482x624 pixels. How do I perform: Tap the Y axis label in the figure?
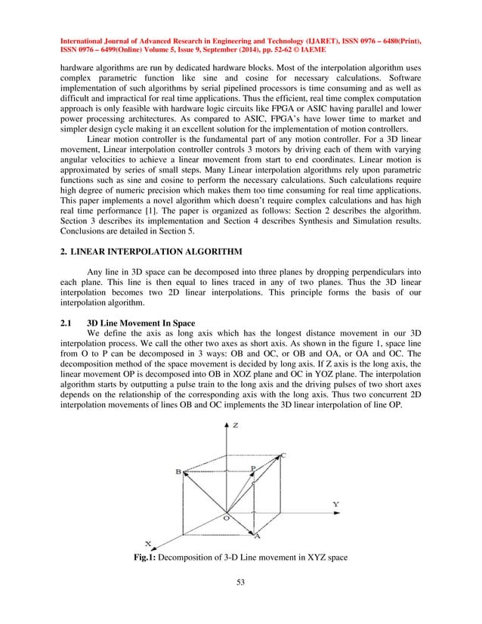[335, 503]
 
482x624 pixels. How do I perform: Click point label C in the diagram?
[283, 456]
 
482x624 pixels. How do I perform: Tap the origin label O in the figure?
[224, 517]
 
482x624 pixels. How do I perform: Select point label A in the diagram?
[258, 536]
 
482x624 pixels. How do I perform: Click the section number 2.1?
[66, 324]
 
